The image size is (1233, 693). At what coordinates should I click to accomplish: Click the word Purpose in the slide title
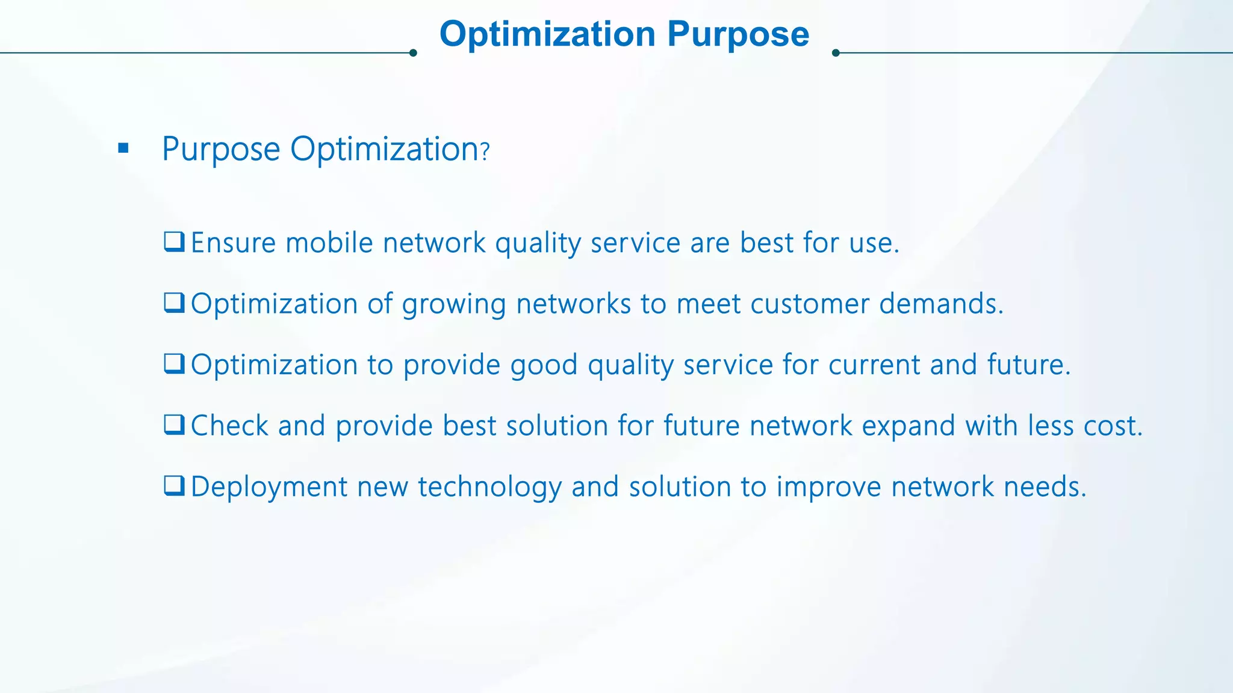click(738, 34)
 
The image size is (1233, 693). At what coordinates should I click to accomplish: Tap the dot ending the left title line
click(413, 53)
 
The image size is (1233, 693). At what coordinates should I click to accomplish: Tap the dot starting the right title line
click(836, 53)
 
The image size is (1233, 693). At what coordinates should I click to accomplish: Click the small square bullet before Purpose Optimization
click(123, 148)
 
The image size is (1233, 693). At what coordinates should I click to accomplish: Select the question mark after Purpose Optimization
click(485, 151)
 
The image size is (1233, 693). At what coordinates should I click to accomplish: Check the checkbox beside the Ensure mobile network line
click(174, 242)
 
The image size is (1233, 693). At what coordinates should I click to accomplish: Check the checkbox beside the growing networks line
click(174, 303)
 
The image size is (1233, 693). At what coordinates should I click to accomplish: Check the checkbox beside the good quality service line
click(174, 364)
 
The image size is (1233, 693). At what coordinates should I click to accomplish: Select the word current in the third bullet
click(874, 365)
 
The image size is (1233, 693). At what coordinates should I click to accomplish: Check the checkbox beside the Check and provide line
click(174, 425)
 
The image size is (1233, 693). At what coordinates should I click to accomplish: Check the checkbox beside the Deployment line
click(174, 485)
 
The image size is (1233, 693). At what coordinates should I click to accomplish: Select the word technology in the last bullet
click(489, 487)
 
